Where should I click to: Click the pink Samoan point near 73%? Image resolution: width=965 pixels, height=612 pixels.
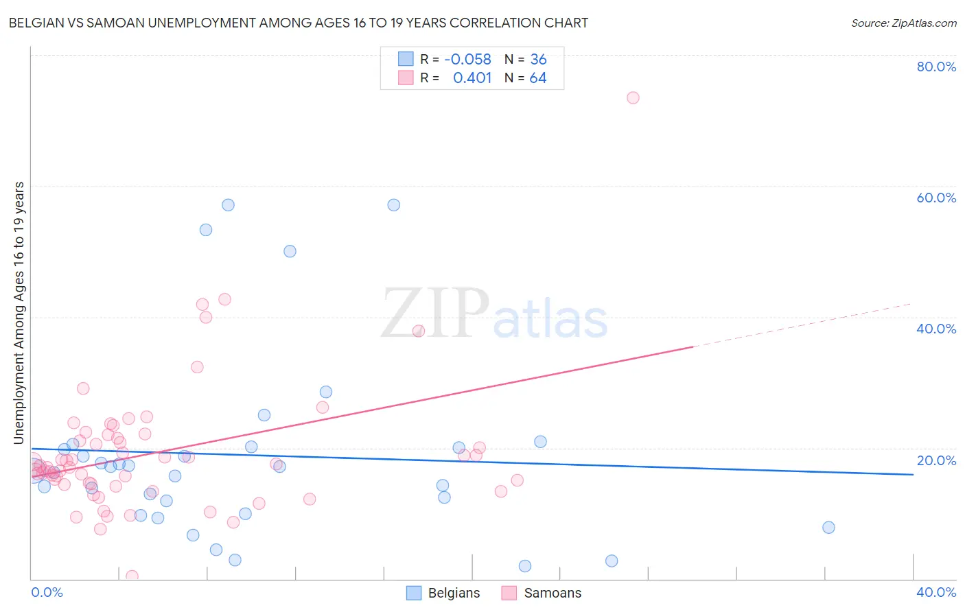click(633, 98)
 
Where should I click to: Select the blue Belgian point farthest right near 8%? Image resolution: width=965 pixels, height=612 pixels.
click(828, 528)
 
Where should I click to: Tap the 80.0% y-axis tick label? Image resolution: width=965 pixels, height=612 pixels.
click(936, 67)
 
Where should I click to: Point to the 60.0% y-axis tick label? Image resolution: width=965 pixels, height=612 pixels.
click(936, 198)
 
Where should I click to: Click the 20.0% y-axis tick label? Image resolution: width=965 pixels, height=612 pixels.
click(936, 460)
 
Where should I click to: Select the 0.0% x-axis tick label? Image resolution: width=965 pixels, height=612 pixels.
click(47, 592)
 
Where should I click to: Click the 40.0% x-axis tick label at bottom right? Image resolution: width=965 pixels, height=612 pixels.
click(936, 592)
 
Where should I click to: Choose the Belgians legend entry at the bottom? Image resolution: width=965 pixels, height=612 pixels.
click(443, 593)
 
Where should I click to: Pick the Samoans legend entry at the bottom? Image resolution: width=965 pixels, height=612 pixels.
click(542, 593)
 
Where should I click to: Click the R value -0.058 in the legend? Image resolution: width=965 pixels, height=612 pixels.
click(467, 60)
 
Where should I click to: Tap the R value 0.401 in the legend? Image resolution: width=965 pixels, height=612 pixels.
click(472, 78)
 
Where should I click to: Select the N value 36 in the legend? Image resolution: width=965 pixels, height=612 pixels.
click(538, 60)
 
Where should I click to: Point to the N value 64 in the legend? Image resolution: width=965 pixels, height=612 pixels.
click(538, 78)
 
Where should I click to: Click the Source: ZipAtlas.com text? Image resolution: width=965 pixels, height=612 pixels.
click(903, 23)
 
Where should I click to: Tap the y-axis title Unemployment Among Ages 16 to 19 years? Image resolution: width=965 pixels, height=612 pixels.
click(19, 313)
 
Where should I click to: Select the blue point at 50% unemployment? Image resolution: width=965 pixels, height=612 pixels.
click(290, 252)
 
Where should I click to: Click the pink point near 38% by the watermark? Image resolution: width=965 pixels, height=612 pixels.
click(419, 331)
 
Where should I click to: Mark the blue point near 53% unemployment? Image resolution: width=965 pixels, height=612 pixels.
click(206, 230)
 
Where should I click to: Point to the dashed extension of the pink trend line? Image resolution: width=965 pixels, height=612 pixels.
click(803, 325)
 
